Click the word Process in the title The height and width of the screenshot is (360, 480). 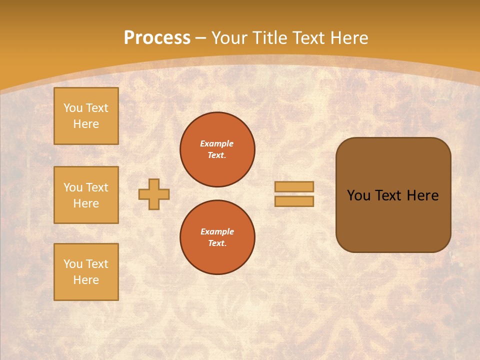tap(157, 37)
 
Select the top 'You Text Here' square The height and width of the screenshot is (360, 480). tap(86, 116)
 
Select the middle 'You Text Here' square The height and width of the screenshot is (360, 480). tap(86, 195)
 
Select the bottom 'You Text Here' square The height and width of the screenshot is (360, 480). tap(86, 272)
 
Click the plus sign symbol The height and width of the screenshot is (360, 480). tap(154, 194)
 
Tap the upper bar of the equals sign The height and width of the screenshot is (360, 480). tap(294, 186)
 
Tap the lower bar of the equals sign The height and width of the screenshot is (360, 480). tap(294, 201)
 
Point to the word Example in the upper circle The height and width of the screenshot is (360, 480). tap(217, 143)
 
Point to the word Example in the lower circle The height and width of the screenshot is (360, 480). tap(217, 231)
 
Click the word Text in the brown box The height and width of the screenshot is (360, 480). tap(388, 195)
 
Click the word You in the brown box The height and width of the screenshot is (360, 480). tap(358, 195)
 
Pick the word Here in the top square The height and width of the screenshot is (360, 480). tap(86, 124)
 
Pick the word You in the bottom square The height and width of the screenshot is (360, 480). tap(73, 263)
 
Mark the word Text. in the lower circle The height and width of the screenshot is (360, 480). tap(217, 243)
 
